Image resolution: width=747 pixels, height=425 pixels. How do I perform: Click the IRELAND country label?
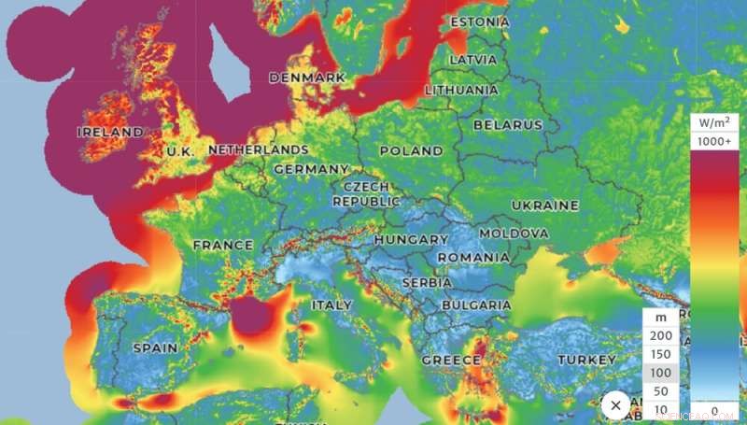[110, 133]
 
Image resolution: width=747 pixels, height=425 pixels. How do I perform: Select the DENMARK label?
[307, 78]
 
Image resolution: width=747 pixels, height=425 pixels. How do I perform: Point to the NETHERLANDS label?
[258, 149]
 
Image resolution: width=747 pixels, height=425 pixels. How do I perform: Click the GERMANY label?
[311, 169]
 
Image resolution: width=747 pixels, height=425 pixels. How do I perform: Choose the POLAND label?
[411, 150]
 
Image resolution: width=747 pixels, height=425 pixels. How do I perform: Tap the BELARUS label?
[507, 124]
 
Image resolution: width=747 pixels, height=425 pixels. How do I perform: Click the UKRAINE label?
[545, 205]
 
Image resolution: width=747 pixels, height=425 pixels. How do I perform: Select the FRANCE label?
[223, 246]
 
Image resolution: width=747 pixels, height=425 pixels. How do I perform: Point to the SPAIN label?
[155, 347]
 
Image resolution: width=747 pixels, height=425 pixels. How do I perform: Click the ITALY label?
[331, 305]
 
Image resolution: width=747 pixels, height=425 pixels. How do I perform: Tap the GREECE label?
[451, 360]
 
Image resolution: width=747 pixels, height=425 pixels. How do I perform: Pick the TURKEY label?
[587, 360]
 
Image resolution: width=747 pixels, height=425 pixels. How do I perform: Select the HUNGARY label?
[411, 240]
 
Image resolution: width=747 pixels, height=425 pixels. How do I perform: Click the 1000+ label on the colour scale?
[716, 141]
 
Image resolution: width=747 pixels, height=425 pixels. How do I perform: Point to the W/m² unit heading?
[716, 122]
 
